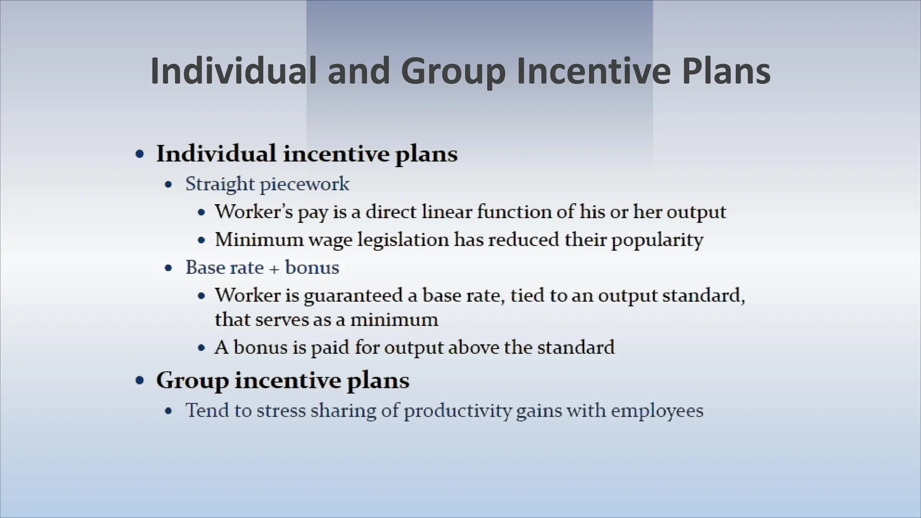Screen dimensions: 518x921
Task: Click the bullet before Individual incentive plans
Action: point(140,154)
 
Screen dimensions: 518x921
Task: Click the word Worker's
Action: point(254,211)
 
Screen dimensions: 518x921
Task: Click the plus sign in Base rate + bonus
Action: point(274,268)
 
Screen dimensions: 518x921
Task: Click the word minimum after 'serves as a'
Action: point(394,320)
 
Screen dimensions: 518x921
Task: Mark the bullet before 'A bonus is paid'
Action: point(202,348)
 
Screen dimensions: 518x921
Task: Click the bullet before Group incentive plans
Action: point(140,381)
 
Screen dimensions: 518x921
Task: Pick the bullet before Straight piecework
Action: point(169,184)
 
